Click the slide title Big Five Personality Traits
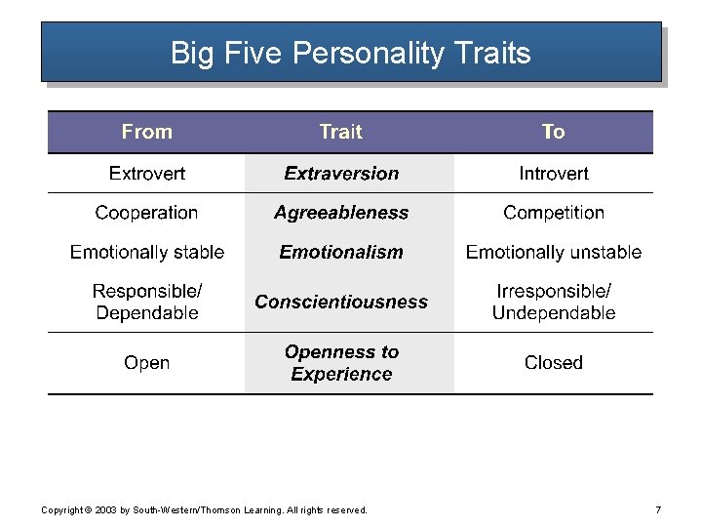pyautogui.click(x=350, y=52)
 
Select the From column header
pyautogui.click(x=146, y=132)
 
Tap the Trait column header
pyautogui.click(x=340, y=132)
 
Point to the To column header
pyautogui.click(x=553, y=132)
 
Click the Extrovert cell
pyautogui.click(x=146, y=174)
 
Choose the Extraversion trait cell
pyautogui.click(x=341, y=174)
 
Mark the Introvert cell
pyautogui.click(x=553, y=174)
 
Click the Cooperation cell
pyautogui.click(x=146, y=213)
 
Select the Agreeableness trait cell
pyautogui.click(x=341, y=213)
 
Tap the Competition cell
pyautogui.click(x=553, y=213)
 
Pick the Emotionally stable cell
pyautogui.click(x=146, y=252)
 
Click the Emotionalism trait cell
pyautogui.click(x=341, y=252)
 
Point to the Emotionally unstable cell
pyautogui.click(x=553, y=252)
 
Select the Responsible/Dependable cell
pyautogui.click(x=146, y=302)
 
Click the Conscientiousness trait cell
pyautogui.click(x=341, y=302)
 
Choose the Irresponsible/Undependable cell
pyautogui.click(x=553, y=302)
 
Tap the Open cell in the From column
pyautogui.click(x=146, y=363)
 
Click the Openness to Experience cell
pyautogui.click(x=341, y=363)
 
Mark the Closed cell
pyautogui.click(x=553, y=363)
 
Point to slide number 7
pyautogui.click(x=658, y=509)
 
